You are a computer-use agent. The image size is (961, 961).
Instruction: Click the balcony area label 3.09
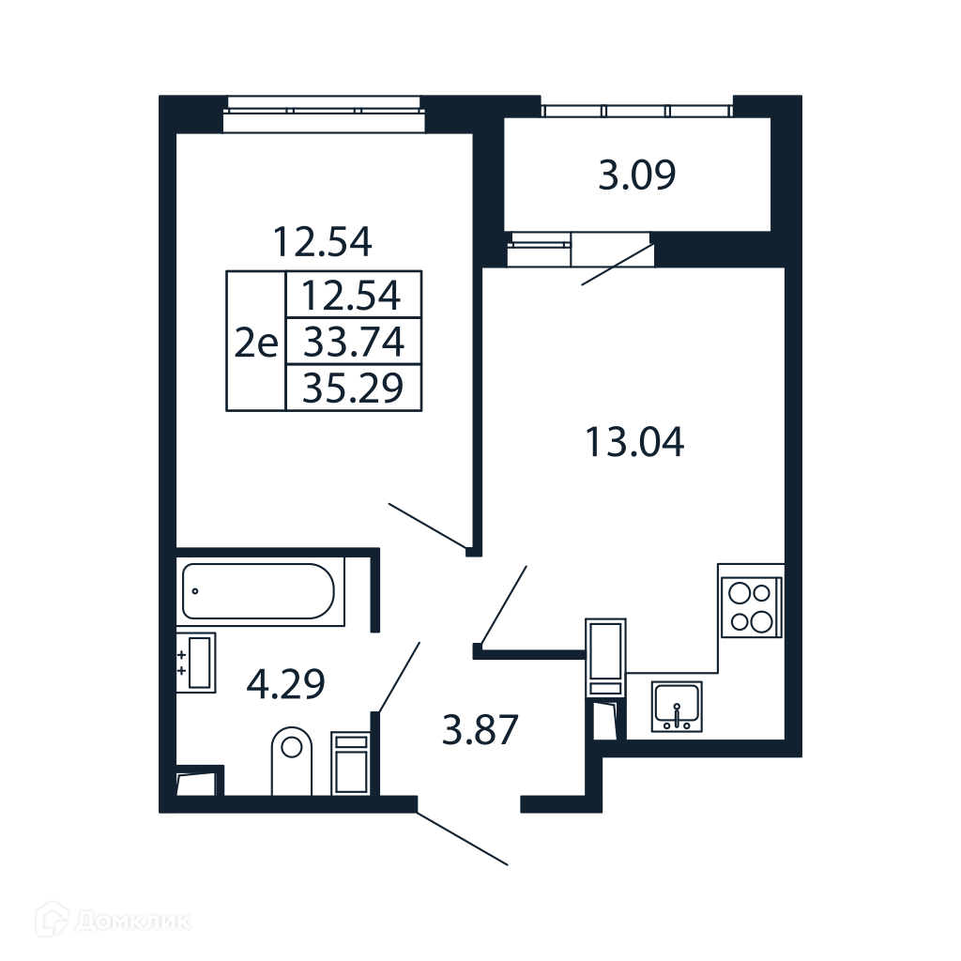(x=637, y=175)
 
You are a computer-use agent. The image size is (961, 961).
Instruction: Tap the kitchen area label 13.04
(x=635, y=443)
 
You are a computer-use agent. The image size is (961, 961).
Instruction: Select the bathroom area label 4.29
(x=285, y=684)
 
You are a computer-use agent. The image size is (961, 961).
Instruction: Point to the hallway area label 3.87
(x=480, y=729)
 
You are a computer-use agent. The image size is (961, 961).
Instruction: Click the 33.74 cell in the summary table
(x=354, y=342)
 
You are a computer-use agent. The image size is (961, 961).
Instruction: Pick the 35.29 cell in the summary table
(x=354, y=388)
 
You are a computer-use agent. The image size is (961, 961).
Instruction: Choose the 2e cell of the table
(x=256, y=341)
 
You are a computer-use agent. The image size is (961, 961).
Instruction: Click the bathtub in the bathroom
(x=261, y=591)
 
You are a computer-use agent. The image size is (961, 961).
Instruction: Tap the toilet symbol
(x=291, y=760)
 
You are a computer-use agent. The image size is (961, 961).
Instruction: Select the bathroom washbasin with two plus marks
(x=196, y=663)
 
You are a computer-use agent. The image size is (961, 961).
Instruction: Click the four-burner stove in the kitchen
(x=752, y=607)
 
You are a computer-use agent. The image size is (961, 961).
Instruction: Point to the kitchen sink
(x=677, y=706)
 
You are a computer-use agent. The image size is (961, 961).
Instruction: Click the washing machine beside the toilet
(x=351, y=763)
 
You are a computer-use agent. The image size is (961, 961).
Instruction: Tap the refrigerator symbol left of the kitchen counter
(x=605, y=658)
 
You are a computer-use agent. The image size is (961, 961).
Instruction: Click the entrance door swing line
(x=463, y=839)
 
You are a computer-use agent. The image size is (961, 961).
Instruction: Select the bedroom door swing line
(x=428, y=526)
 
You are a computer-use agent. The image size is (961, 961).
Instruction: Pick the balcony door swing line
(x=618, y=265)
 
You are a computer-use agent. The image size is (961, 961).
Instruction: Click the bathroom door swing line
(x=400, y=678)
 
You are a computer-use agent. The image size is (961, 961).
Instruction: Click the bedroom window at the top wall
(x=324, y=114)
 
